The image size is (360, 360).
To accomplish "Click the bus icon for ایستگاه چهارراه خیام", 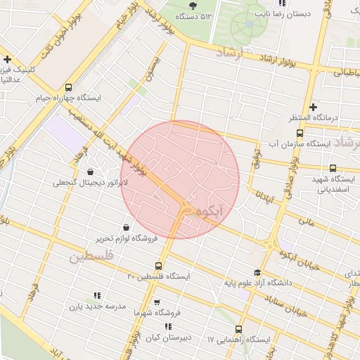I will (68, 87).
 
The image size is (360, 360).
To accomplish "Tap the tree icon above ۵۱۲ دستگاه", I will (193, 6).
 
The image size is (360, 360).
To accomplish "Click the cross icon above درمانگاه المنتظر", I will (313, 106).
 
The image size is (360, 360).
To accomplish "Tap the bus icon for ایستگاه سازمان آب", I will (300, 133).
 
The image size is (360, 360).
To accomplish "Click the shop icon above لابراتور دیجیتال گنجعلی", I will (89, 172).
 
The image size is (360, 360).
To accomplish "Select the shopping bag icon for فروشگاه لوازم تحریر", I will (125, 227).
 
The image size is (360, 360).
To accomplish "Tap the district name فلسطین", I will (91, 257).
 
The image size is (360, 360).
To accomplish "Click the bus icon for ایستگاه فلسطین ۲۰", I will (157, 266).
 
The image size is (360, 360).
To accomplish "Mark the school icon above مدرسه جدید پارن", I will (97, 296).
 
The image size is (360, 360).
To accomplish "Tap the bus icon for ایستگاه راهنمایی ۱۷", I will (238, 329).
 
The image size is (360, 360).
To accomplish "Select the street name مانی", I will (305, 221).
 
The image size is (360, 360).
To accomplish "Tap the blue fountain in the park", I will (248, 24).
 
